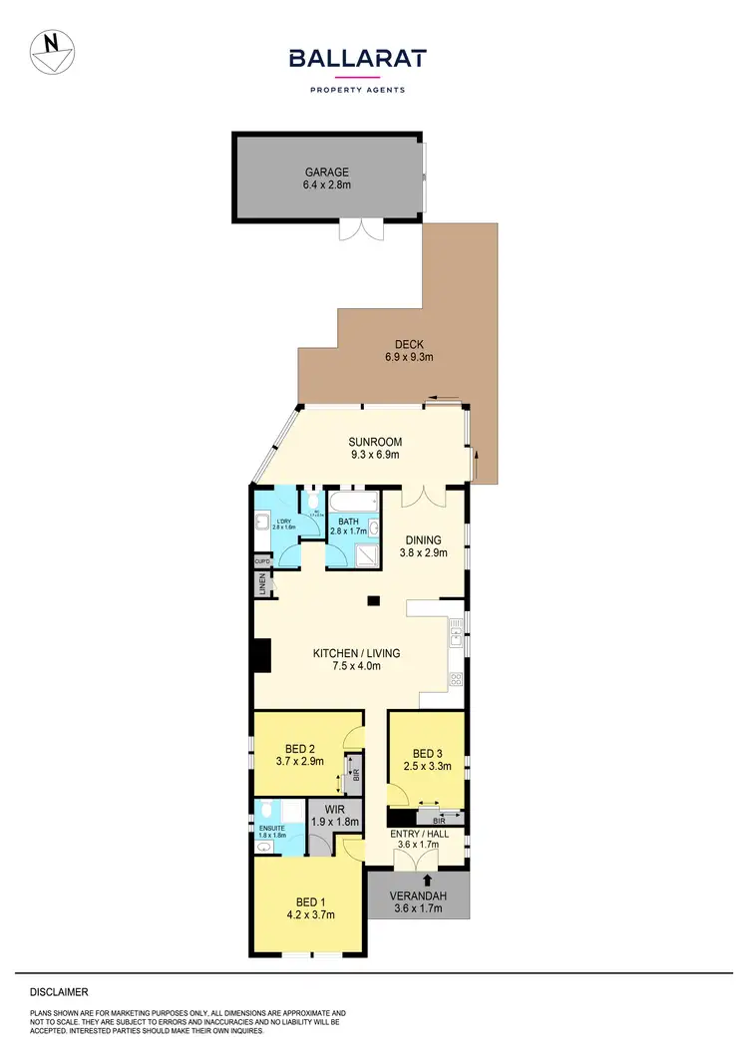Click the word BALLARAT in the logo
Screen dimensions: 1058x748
pyautogui.click(x=357, y=59)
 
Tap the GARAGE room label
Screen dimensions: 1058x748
pyautogui.click(x=327, y=172)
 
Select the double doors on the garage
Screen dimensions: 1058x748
pyautogui.click(x=359, y=228)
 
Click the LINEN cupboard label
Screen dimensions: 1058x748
pyautogui.click(x=262, y=586)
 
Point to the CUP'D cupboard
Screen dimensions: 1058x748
pyautogui.click(x=262, y=562)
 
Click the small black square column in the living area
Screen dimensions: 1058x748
pyautogui.click(x=373, y=600)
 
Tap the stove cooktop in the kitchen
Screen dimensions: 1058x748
pyautogui.click(x=456, y=680)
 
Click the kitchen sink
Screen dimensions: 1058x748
pyautogui.click(x=456, y=628)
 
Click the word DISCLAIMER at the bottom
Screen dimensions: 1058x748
pyautogui.click(x=59, y=992)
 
